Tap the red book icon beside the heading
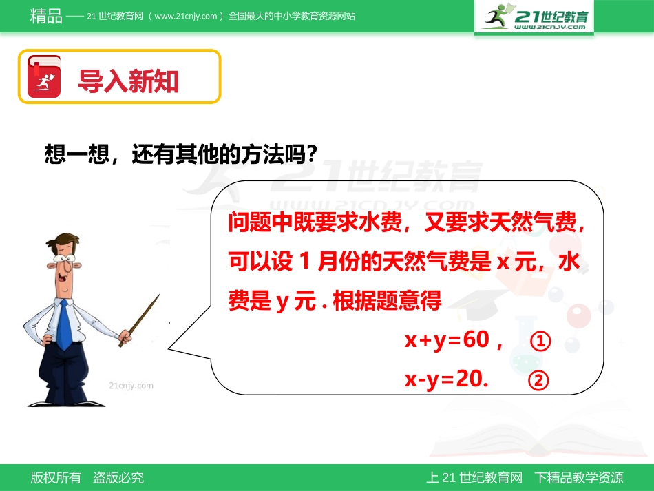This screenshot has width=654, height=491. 44,76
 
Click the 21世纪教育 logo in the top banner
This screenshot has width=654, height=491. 534,17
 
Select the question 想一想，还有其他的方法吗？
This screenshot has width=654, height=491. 180,154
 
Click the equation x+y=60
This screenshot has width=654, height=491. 447,339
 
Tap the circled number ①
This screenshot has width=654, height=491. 541,342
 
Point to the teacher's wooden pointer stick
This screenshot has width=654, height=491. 140,320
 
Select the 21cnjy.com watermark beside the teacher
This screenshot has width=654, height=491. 131,386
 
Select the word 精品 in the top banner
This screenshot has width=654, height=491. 46,16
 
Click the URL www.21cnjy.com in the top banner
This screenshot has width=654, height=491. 186,17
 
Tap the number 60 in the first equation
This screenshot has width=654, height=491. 476,339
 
